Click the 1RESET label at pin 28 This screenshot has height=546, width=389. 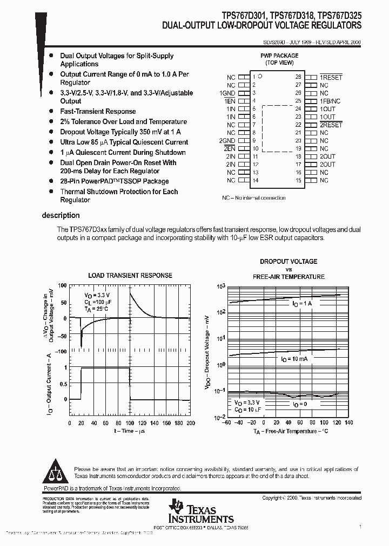[331, 77]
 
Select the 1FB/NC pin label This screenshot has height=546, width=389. [330, 101]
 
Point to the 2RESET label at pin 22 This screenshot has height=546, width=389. [331, 125]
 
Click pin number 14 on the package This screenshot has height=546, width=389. [256, 180]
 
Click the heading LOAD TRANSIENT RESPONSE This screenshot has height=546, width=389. [130, 275]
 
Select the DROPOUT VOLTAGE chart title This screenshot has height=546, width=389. [289, 262]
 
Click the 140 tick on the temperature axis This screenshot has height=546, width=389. [348, 423]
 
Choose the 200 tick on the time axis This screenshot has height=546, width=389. [191, 423]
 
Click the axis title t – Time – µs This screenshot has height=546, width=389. [130, 431]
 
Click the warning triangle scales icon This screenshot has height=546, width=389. [55, 472]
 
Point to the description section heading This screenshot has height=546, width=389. [61, 215]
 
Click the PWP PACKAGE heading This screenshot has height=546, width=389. [279, 56]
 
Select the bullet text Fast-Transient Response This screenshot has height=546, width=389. [98, 112]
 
